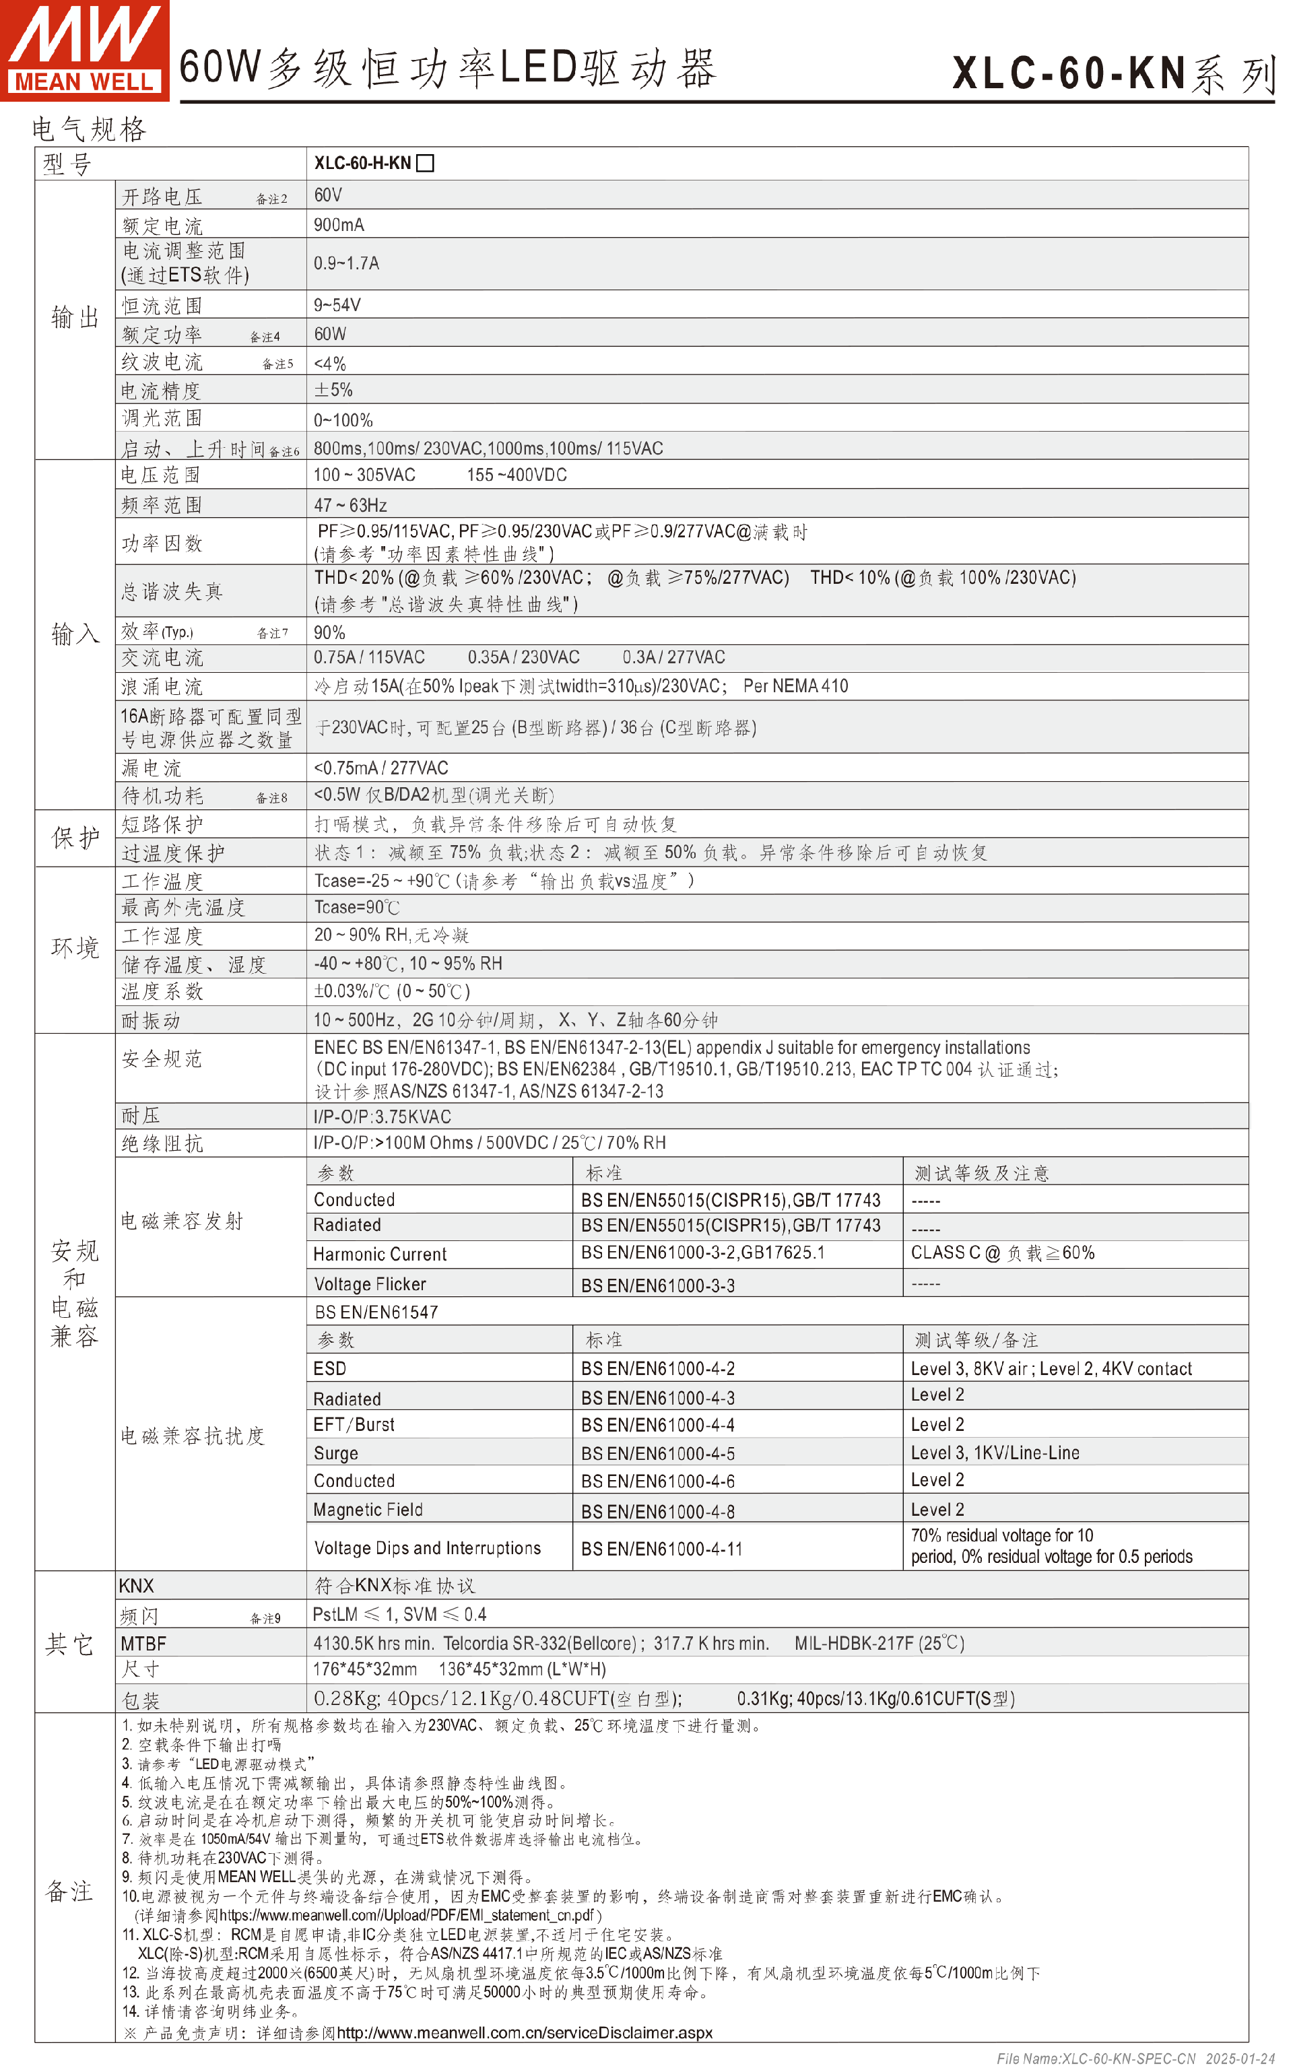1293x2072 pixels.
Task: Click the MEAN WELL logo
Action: point(84,50)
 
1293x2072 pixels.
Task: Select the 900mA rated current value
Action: point(339,225)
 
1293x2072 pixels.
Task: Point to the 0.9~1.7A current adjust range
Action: point(345,263)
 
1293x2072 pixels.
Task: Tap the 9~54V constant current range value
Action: point(337,305)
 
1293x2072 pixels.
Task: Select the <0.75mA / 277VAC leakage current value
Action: point(380,768)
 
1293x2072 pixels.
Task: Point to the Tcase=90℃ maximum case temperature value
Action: point(357,907)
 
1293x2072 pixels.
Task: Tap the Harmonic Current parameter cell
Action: point(380,1255)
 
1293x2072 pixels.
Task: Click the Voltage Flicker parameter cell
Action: point(370,1284)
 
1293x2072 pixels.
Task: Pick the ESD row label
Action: point(330,1368)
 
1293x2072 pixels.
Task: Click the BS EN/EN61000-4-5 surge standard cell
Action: point(658,1454)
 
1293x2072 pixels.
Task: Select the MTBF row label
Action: point(143,1644)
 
